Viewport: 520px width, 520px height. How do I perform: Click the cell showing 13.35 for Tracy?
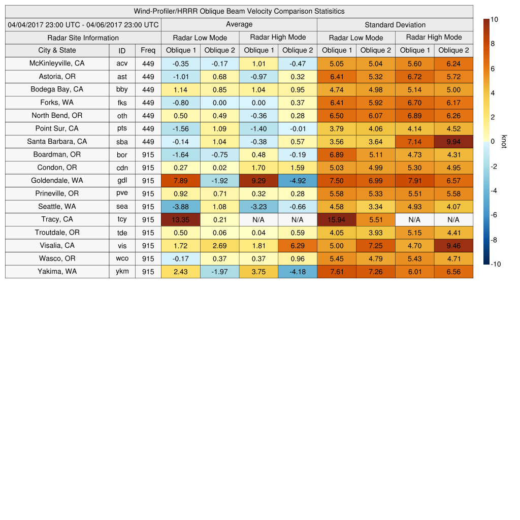point(180,219)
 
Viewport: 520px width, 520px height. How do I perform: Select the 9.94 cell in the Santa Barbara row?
point(453,142)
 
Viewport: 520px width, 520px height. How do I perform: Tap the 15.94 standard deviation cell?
point(336,219)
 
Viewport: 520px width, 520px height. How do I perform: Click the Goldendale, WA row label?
point(57,180)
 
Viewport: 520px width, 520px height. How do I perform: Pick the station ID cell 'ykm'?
point(122,271)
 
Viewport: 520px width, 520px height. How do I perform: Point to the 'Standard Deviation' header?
point(395,24)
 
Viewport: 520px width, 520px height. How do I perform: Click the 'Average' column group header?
point(239,24)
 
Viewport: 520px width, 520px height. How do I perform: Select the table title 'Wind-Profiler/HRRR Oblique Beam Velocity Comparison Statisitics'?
point(239,11)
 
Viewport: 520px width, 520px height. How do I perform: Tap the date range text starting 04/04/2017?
point(83,24)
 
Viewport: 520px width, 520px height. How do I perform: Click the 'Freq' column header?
point(148,50)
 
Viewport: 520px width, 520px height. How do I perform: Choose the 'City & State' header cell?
point(57,50)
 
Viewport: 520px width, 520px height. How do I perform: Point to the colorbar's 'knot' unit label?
point(504,141)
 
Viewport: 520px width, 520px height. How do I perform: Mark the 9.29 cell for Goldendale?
point(258,180)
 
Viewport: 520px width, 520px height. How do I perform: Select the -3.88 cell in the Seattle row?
point(180,207)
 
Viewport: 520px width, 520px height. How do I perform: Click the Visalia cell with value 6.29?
point(298,245)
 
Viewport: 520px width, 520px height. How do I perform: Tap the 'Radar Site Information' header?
point(83,38)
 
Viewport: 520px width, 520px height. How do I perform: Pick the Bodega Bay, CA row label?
point(57,89)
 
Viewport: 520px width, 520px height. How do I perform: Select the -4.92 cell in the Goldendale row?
point(298,180)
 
